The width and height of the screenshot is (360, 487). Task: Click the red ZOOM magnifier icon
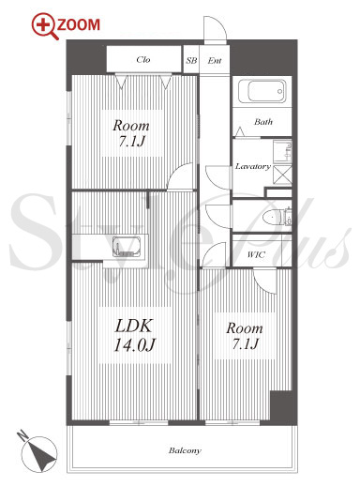(45, 25)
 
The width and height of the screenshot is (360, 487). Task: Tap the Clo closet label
(143, 59)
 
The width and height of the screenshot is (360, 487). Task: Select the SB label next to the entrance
(191, 60)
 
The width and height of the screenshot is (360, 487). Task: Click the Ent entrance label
(215, 60)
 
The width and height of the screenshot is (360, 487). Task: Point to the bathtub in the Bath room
(262, 91)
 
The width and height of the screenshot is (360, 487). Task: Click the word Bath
(263, 121)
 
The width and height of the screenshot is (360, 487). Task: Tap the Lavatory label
(253, 166)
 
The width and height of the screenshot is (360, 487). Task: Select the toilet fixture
(277, 217)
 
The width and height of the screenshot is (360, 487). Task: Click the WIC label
(256, 254)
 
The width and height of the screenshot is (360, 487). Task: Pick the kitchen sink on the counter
(127, 247)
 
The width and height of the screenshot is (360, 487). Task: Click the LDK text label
(134, 326)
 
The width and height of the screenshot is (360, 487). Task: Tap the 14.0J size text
(134, 344)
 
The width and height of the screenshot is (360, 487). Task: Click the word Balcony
(185, 450)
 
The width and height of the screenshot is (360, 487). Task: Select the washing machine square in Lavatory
(282, 175)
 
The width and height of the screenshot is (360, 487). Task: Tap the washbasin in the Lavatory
(283, 151)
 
